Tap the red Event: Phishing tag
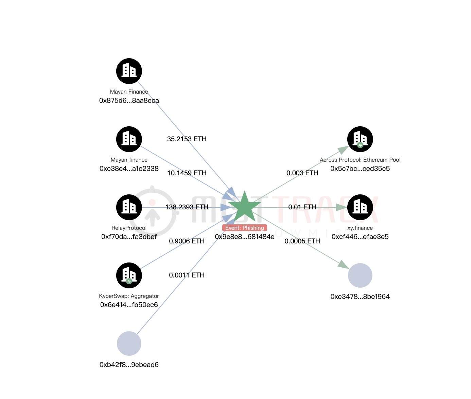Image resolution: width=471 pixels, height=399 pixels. click(244, 228)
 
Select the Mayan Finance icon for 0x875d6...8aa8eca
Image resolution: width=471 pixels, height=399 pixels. click(129, 71)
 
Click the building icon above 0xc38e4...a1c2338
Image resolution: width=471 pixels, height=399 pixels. click(129, 139)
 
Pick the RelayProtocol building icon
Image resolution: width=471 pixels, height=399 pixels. click(129, 207)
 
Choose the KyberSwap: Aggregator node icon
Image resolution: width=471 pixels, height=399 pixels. click(129, 275)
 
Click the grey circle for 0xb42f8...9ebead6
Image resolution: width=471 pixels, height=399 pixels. click(129, 344)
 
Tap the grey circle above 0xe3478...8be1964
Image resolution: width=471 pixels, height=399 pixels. click(360, 275)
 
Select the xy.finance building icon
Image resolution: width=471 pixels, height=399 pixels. click(360, 207)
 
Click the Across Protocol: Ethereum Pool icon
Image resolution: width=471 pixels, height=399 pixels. click(360, 139)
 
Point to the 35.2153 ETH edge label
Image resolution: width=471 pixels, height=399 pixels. click(187, 139)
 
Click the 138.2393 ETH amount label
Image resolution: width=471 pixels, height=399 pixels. click(187, 207)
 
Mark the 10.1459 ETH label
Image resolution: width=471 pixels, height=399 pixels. click(187, 173)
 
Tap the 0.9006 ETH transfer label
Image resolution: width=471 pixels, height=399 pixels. click(187, 241)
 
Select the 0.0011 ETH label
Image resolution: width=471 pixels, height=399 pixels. click(187, 275)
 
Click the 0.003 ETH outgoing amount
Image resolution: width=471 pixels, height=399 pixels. click(302, 173)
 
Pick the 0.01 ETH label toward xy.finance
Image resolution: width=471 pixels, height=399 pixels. click(302, 207)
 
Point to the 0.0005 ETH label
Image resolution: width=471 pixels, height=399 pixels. click(302, 241)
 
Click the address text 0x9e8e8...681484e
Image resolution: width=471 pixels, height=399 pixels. click(244, 237)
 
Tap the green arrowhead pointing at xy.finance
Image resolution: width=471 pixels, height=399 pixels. click(342, 207)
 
